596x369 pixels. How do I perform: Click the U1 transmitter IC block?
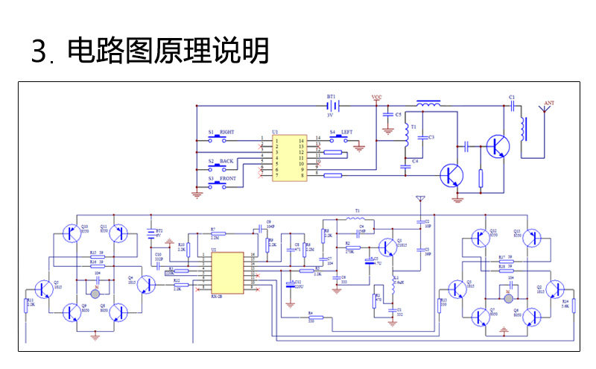click(x=288, y=157)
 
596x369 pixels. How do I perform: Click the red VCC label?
click(x=376, y=98)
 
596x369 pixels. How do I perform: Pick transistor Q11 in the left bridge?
click(x=122, y=234)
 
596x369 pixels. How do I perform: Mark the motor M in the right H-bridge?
click(x=510, y=297)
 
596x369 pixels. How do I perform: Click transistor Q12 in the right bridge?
click(x=478, y=239)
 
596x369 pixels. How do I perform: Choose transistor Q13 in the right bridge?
click(x=530, y=239)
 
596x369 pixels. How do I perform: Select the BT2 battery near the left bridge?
click(x=153, y=232)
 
